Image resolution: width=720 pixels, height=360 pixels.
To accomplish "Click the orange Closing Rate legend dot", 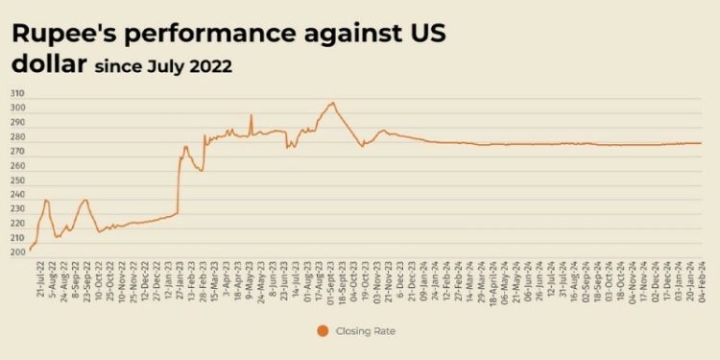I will click(323, 331).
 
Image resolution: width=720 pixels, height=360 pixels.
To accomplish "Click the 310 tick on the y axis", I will click(18, 93).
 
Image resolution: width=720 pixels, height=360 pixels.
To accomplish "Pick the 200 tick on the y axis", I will click(18, 252).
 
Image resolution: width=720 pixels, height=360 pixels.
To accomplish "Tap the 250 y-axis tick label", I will click(18, 180).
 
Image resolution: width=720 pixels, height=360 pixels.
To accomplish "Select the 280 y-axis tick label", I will click(18, 136).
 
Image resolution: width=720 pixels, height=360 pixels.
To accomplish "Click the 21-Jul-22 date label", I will click(38, 281).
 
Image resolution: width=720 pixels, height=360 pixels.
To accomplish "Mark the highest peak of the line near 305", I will click(332, 102).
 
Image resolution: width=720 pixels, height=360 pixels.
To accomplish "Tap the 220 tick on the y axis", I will click(18, 223).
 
